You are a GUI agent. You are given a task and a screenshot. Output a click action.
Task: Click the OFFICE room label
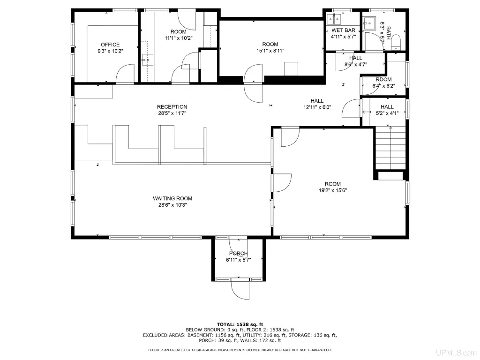(x=110, y=45)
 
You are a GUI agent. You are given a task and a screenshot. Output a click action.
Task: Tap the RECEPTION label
(x=172, y=107)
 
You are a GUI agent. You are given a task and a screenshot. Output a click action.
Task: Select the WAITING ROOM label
(x=172, y=198)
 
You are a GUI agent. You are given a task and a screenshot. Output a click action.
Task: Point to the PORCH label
(x=239, y=254)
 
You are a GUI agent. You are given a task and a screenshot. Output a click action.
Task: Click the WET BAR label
(x=344, y=30)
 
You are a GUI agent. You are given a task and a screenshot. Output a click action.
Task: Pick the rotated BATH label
(x=389, y=33)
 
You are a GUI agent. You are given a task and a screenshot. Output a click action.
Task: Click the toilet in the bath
(x=396, y=42)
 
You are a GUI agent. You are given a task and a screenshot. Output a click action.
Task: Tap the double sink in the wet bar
(x=334, y=19)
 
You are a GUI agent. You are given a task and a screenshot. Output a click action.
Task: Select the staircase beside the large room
(x=390, y=148)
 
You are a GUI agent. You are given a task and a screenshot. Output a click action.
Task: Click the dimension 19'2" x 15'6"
(x=333, y=190)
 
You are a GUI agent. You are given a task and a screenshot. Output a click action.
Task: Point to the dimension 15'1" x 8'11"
(x=270, y=51)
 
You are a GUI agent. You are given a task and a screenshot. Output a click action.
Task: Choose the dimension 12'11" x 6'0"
(x=317, y=107)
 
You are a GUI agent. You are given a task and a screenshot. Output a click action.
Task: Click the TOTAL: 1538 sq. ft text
(x=240, y=324)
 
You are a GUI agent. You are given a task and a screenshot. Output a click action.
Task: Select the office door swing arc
(x=125, y=74)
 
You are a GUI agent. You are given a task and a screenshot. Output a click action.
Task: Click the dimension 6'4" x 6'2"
(x=383, y=86)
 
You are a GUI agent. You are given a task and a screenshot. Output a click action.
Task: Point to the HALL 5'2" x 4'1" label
(x=387, y=110)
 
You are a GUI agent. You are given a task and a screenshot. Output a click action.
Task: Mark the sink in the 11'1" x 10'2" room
(x=148, y=60)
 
